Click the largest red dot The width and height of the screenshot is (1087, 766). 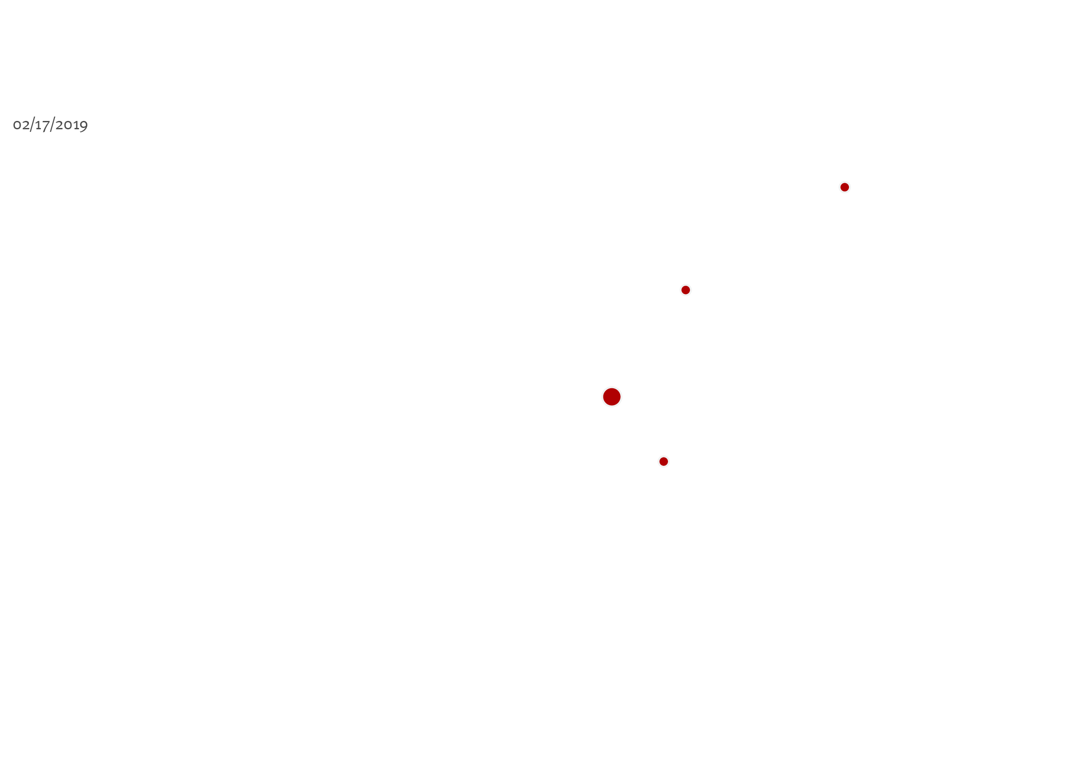click(612, 397)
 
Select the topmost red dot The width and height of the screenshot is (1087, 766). click(845, 187)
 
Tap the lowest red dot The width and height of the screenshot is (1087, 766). click(664, 461)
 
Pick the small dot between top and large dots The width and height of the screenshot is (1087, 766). click(686, 290)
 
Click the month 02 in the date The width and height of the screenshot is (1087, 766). click(21, 125)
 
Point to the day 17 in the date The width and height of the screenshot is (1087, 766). click(42, 125)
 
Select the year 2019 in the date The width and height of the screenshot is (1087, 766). click(71, 125)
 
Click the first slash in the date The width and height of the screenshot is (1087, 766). click(32, 124)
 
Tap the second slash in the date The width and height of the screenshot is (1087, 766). click(53, 124)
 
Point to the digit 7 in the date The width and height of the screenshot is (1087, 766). click(46, 126)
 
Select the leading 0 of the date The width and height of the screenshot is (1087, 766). click(17, 125)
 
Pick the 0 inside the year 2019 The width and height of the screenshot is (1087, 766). click(67, 125)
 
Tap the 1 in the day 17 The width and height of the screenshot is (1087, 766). click(38, 125)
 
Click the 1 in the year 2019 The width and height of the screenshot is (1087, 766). click(76, 125)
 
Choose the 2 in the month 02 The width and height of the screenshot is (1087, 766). click(26, 125)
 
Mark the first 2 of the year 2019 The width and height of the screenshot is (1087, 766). click(60, 125)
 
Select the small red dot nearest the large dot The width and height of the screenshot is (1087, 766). click(664, 461)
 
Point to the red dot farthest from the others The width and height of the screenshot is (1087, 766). click(845, 187)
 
